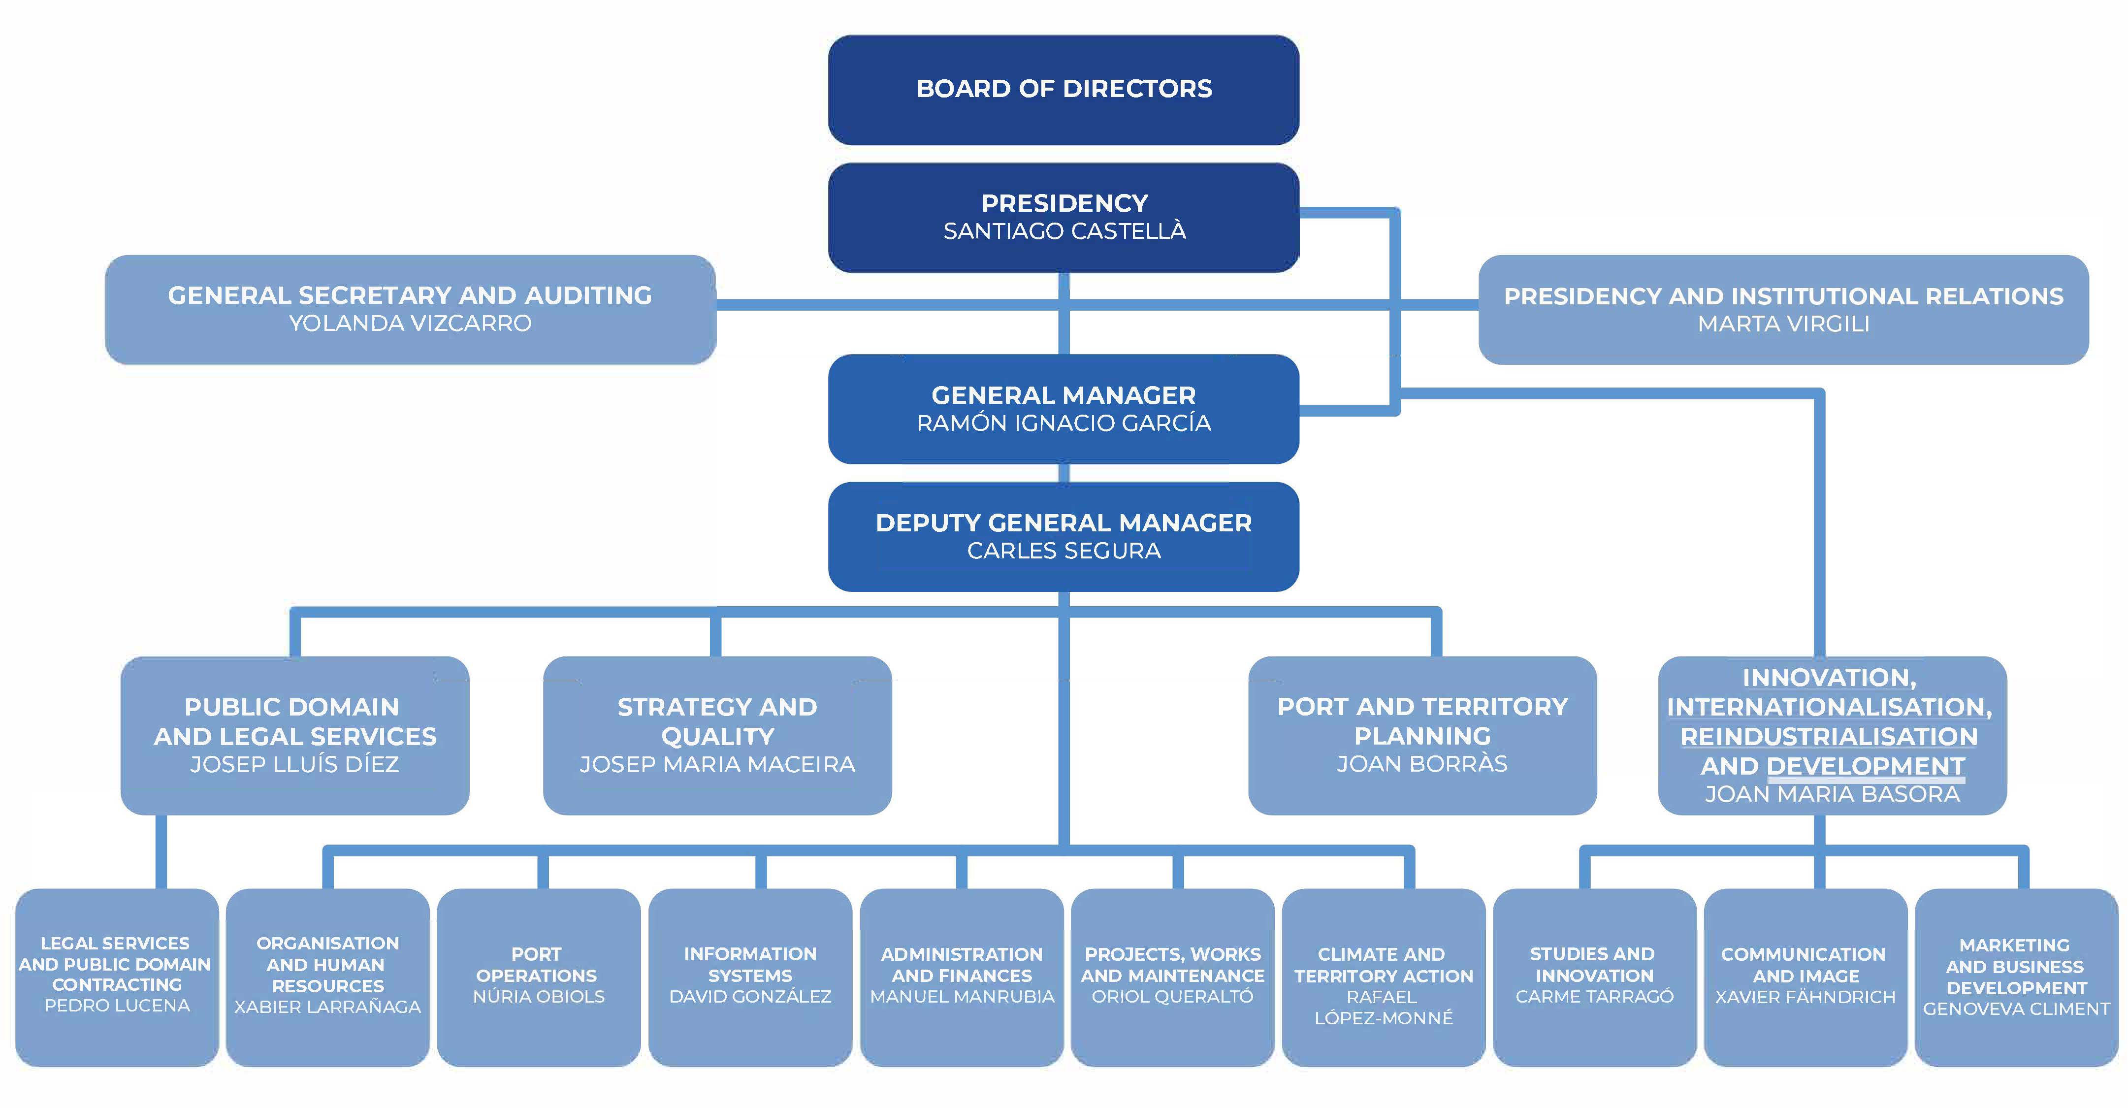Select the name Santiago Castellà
coord(1064,231)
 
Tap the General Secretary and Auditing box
coord(411,310)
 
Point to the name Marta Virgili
coord(1783,324)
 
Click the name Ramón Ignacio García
coord(1064,423)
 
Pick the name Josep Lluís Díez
coord(295,764)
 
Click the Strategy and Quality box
coord(717,735)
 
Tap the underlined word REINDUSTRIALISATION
coord(1829,736)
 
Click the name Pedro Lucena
coord(117,1006)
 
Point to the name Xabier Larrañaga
coord(328,1007)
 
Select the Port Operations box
coord(539,978)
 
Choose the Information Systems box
coord(750,978)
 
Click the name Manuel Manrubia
coord(963,996)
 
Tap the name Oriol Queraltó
coord(1173,996)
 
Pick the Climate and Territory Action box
coord(1384,978)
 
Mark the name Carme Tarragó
coord(1594,996)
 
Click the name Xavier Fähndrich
coord(1806,997)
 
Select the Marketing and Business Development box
coord(2016,978)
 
